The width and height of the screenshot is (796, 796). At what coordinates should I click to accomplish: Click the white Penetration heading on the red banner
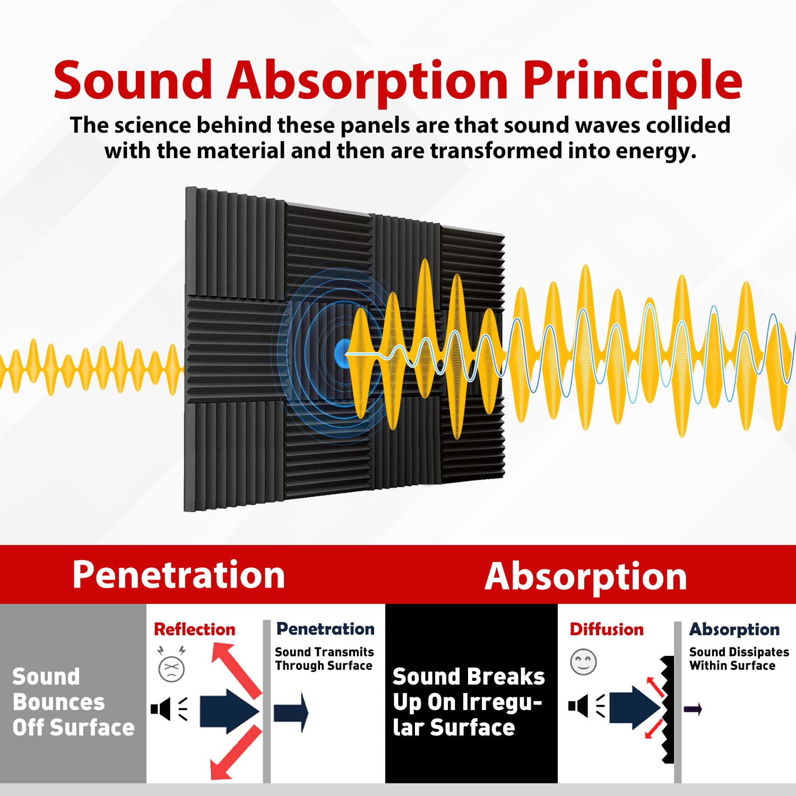[x=178, y=575]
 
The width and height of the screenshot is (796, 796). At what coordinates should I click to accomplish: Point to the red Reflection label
[x=194, y=629]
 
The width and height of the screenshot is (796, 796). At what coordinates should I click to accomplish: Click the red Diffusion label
[x=606, y=629]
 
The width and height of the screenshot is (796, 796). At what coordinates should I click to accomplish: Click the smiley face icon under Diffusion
[x=583, y=662]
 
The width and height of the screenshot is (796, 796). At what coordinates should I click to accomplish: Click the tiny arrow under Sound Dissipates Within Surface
[x=693, y=708]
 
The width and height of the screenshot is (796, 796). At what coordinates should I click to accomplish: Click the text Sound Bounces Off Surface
[x=73, y=702]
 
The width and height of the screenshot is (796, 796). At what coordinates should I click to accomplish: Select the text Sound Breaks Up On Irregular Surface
[x=468, y=702]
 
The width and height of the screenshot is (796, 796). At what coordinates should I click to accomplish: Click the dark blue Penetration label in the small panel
[x=325, y=629]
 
